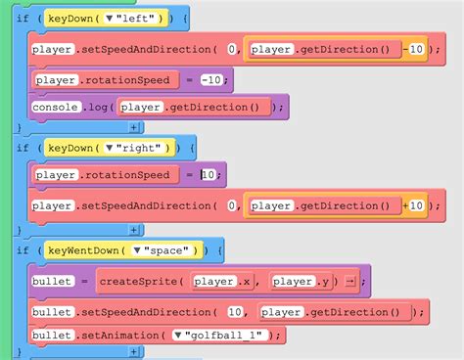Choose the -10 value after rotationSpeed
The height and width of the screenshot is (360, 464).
point(214,80)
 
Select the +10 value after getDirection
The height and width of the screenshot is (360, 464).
point(415,205)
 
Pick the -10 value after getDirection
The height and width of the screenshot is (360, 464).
point(415,48)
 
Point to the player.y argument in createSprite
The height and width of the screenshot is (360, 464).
point(300,282)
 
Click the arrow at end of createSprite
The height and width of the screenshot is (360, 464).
point(348,282)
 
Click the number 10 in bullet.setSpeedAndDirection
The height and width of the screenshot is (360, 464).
point(235,313)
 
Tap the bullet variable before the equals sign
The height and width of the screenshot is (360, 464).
point(51,282)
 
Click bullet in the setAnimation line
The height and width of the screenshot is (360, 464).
point(51,336)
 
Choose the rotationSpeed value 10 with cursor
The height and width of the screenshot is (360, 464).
point(209,175)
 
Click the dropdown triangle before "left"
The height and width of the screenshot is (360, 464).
point(121,19)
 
